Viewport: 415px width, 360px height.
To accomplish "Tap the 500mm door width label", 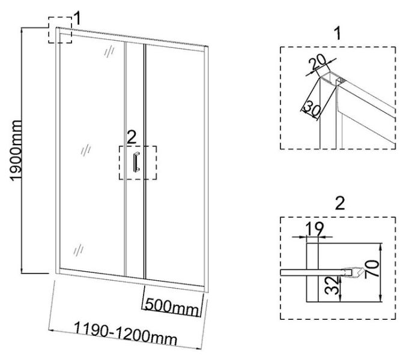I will coord(172,308).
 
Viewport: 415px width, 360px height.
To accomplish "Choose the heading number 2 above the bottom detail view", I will coord(340,203).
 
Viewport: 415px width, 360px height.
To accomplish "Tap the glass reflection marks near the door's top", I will coord(109,52).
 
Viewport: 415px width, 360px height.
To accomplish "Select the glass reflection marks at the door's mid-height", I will coord(85,150).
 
